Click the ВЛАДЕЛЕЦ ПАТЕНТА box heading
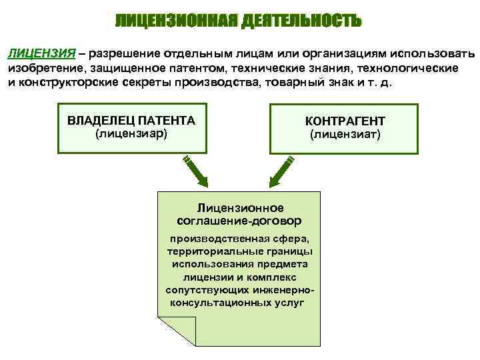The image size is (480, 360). click(x=131, y=121)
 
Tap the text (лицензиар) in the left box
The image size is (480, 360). click(x=131, y=134)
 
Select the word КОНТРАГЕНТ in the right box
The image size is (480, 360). click(x=345, y=121)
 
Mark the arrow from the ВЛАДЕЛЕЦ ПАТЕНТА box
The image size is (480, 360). click(x=195, y=171)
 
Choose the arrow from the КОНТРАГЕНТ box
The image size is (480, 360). click(x=280, y=171)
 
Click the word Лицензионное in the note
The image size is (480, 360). click(x=240, y=208)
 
